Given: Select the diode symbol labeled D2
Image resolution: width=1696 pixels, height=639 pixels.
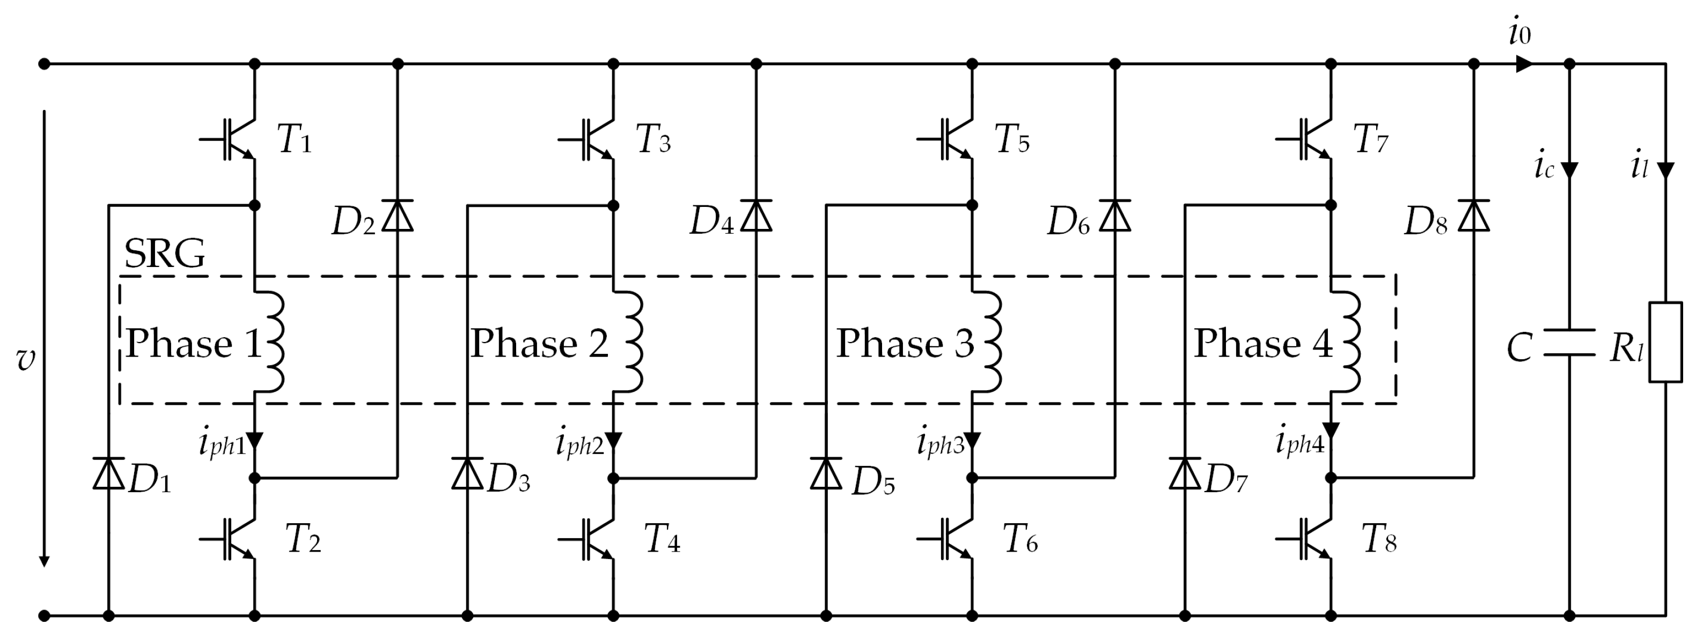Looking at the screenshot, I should (398, 216).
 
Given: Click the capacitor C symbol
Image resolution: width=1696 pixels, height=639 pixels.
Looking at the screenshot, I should (1569, 342).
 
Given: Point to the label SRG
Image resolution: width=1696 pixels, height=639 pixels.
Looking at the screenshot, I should (165, 254).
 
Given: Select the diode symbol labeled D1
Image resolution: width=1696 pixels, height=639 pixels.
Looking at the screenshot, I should (108, 473).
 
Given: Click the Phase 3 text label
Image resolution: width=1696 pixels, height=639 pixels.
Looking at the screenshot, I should (905, 343).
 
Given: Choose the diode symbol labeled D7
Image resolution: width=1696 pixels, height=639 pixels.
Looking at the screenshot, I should (1185, 473).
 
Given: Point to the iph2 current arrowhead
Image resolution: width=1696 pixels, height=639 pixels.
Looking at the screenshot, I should (614, 440).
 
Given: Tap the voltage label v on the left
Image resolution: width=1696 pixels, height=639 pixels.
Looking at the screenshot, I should (26, 359).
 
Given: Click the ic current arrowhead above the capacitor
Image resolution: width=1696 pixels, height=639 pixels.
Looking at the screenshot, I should (1569, 170).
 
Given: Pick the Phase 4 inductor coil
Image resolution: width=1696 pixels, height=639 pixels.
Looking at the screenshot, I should (1346, 342).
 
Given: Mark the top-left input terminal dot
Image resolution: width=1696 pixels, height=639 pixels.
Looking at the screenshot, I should (44, 64).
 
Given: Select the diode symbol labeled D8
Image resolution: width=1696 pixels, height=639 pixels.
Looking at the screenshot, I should (1473, 216).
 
